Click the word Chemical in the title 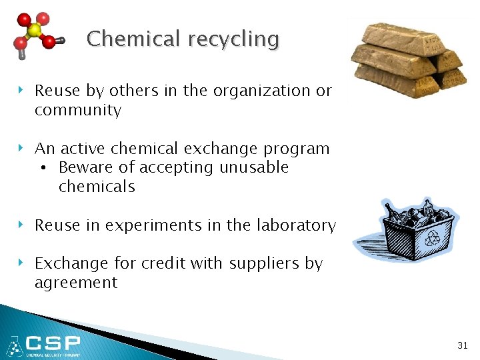click(134, 39)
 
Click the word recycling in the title click(233, 40)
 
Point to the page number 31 click(463, 345)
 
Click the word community click(78, 111)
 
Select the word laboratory click(295, 226)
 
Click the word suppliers click(265, 264)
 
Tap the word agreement click(76, 283)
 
